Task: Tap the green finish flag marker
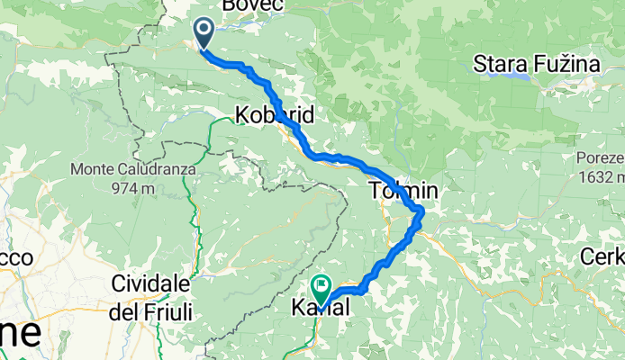321,287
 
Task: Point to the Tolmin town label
403,191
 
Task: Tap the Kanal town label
320,308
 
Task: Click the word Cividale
150,283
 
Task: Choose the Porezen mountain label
601,157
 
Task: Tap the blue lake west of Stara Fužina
518,76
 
